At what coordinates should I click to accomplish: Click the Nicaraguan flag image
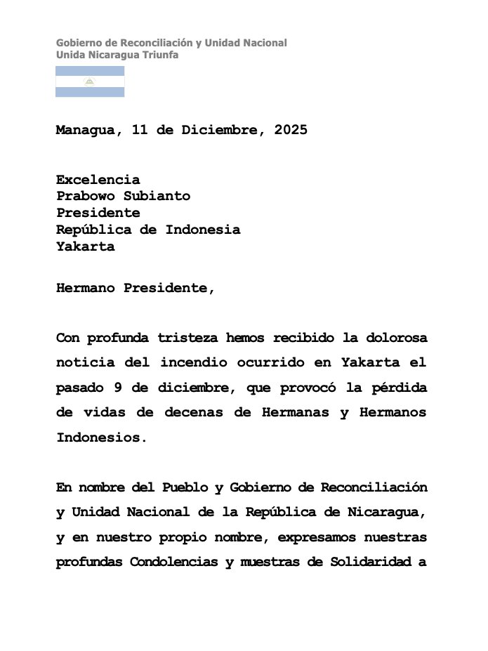(x=90, y=81)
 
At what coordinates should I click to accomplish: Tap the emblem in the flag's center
(x=90, y=81)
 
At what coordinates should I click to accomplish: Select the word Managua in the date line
(x=89, y=131)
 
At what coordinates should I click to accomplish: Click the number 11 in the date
(x=140, y=131)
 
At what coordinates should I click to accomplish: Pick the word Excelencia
(x=98, y=180)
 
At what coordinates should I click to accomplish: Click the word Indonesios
(x=102, y=438)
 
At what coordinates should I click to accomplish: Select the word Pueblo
(x=185, y=487)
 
